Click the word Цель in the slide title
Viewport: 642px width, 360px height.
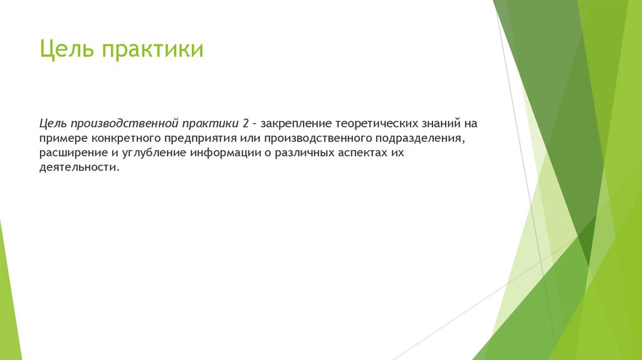pos(65,50)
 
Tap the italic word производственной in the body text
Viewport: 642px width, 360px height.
pos(125,123)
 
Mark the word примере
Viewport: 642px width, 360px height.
pos(63,138)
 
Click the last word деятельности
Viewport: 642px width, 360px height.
pos(78,169)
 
